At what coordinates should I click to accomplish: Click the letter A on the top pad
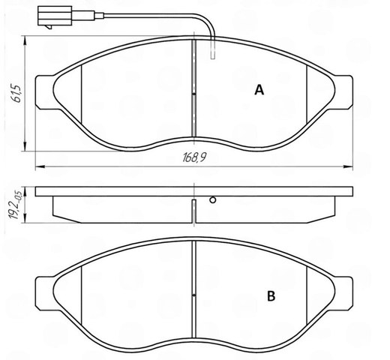pos(259,90)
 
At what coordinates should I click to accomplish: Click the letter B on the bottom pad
pos(271,296)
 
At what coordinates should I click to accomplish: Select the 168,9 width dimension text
pos(194,157)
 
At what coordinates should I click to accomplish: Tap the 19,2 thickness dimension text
pos(16,204)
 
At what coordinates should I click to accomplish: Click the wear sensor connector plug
pos(55,16)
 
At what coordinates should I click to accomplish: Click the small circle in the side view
pos(213,200)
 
